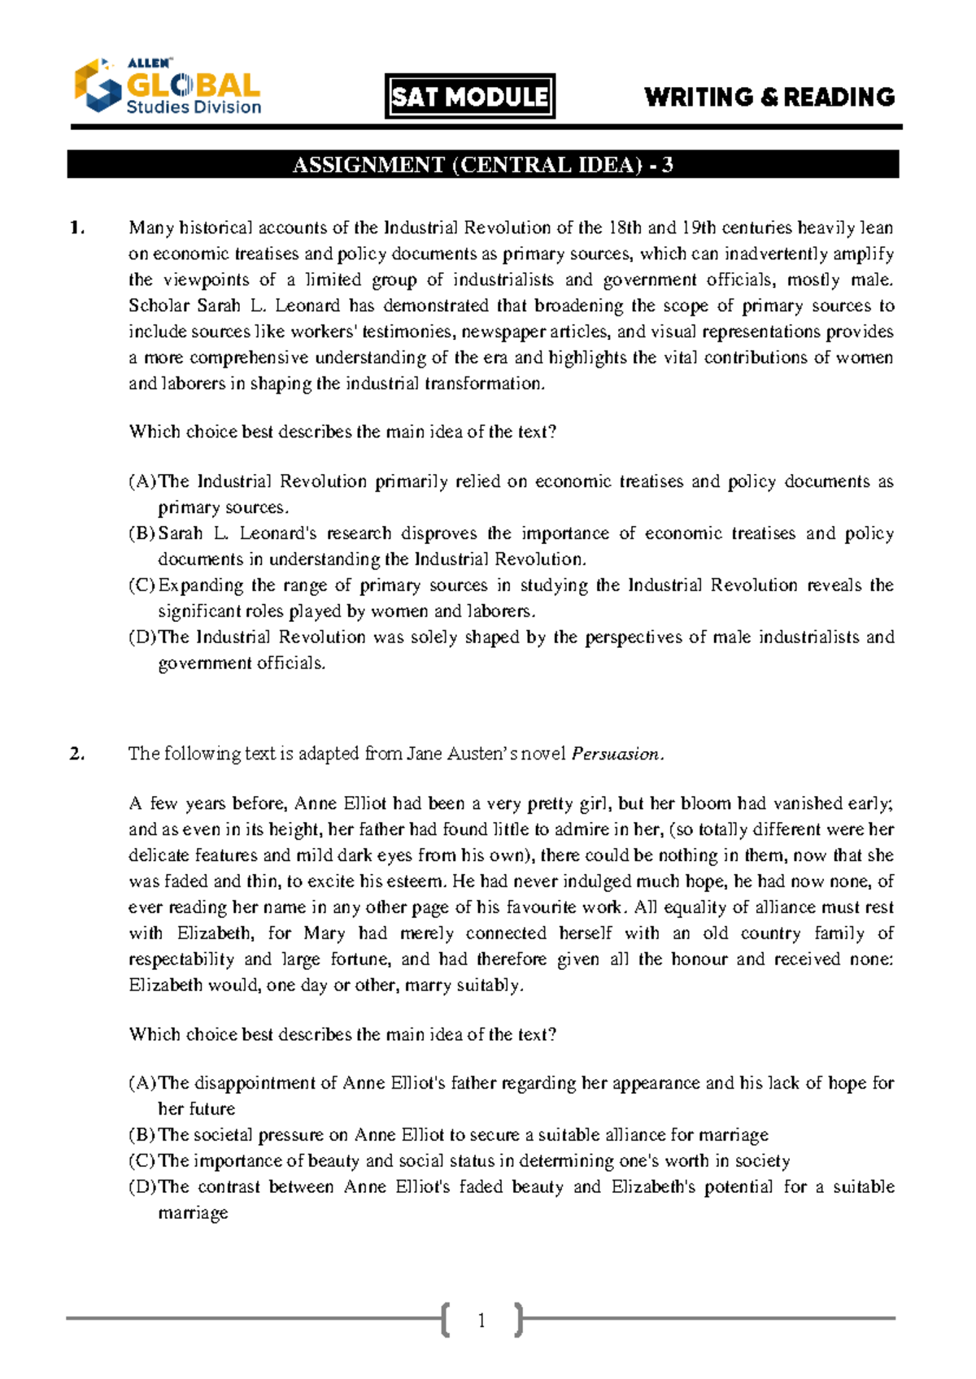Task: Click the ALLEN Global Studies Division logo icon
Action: (x=97, y=85)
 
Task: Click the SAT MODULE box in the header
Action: (x=470, y=97)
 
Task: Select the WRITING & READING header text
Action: (x=769, y=98)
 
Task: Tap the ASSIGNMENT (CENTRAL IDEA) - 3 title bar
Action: (x=483, y=165)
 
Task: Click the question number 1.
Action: (x=76, y=228)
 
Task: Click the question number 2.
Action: (x=76, y=754)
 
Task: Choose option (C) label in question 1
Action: (x=142, y=585)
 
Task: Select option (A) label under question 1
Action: (x=142, y=481)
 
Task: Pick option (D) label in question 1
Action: (x=142, y=637)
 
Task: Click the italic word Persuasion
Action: (x=616, y=754)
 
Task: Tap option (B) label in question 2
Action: (x=142, y=1135)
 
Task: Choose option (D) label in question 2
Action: (x=142, y=1187)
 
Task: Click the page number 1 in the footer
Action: (x=481, y=1320)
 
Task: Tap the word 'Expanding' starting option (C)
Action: (x=200, y=585)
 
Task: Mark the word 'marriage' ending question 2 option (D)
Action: (x=193, y=1213)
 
